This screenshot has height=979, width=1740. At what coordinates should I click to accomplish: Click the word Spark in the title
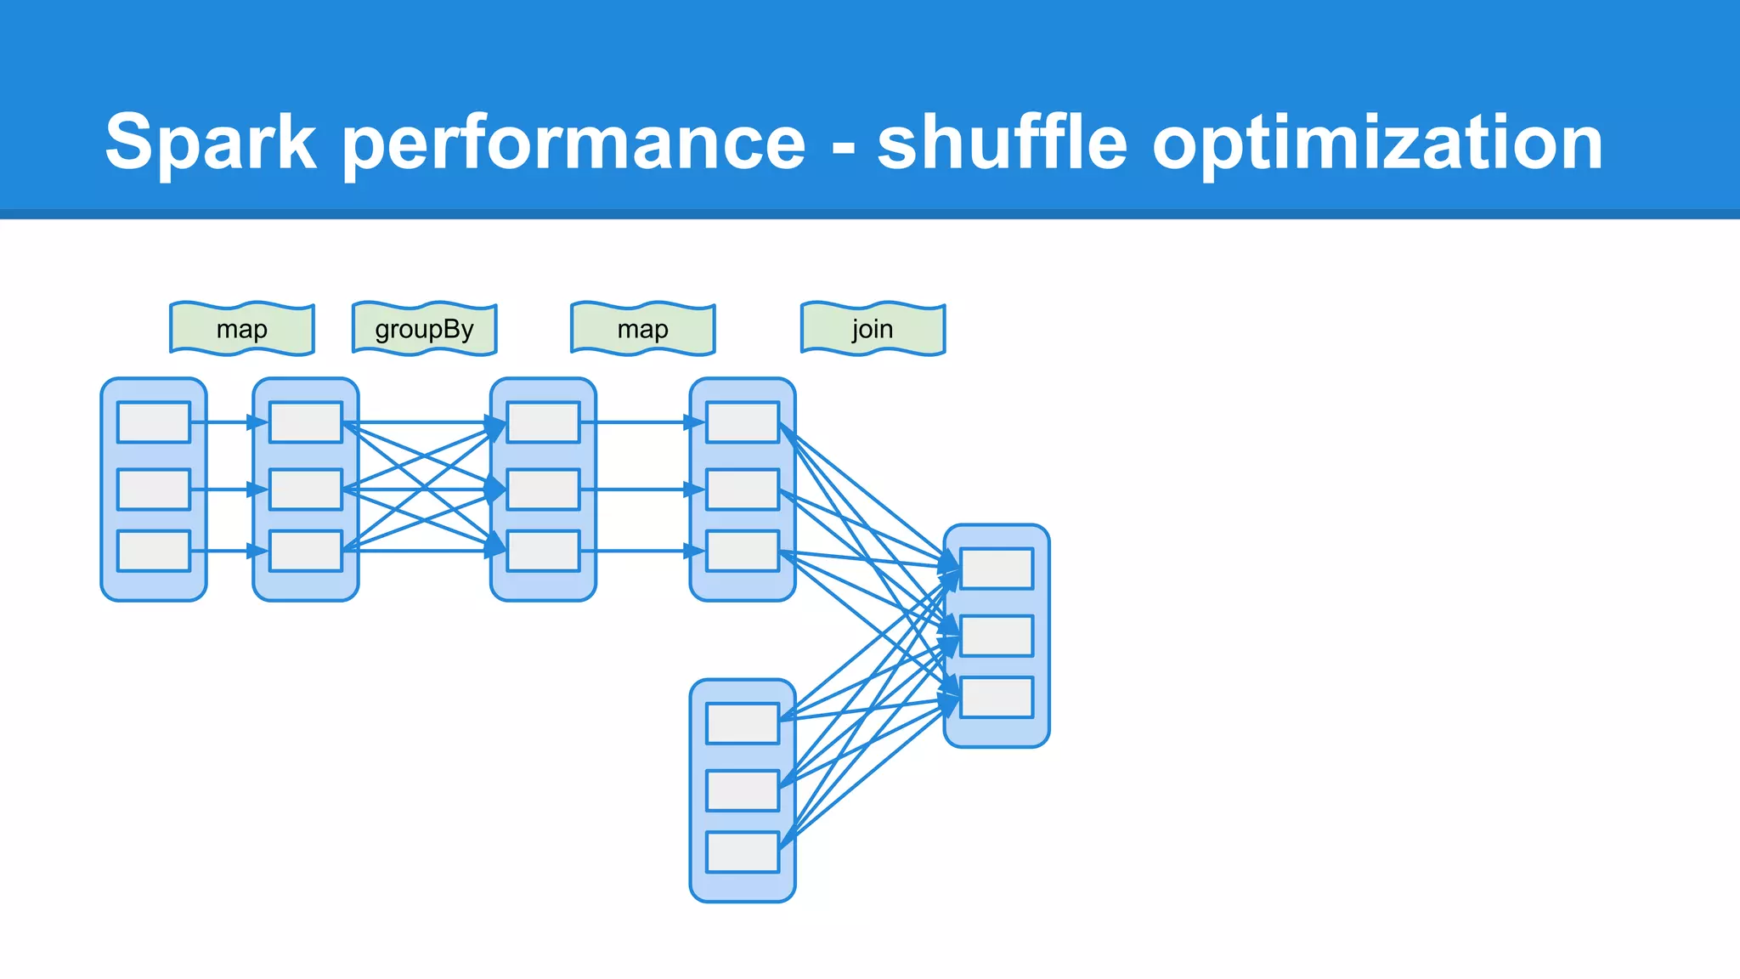pyautogui.click(x=211, y=143)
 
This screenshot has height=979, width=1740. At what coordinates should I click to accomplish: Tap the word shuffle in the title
pyautogui.click(x=1003, y=143)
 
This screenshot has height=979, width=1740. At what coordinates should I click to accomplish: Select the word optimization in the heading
pyautogui.click(x=1376, y=143)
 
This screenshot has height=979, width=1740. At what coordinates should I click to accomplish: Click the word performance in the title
pyautogui.click(x=574, y=143)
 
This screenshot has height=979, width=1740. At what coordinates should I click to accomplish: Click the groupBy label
pyautogui.click(x=424, y=329)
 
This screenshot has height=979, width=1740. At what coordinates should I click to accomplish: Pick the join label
pyautogui.click(x=873, y=329)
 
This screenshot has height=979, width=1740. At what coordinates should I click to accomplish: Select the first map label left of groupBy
pyautogui.click(x=242, y=329)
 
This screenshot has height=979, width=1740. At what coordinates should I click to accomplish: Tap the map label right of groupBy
pyautogui.click(x=643, y=329)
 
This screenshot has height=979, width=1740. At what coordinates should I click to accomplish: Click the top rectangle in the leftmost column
pyautogui.click(x=154, y=422)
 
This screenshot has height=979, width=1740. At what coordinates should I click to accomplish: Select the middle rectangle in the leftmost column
pyautogui.click(x=154, y=489)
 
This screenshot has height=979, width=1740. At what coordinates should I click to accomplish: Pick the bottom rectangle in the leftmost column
pyautogui.click(x=154, y=551)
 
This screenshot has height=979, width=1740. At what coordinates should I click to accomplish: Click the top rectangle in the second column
pyautogui.click(x=306, y=422)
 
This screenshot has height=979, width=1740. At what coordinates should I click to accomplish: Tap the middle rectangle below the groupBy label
pyautogui.click(x=543, y=489)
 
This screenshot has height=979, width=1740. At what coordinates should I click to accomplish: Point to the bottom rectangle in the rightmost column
pyautogui.click(x=997, y=697)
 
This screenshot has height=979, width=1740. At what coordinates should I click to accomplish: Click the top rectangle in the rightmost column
pyautogui.click(x=997, y=569)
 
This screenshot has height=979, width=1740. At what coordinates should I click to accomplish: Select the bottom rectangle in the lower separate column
pyautogui.click(x=743, y=852)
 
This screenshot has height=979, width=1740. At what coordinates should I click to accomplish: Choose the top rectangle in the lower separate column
pyautogui.click(x=743, y=723)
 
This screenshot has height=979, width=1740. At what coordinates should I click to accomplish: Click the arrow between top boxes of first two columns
pyautogui.click(x=228, y=422)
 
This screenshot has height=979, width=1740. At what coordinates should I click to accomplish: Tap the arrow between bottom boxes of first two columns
pyautogui.click(x=228, y=551)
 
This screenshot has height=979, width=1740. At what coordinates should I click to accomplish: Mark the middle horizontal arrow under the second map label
pyautogui.click(x=642, y=489)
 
